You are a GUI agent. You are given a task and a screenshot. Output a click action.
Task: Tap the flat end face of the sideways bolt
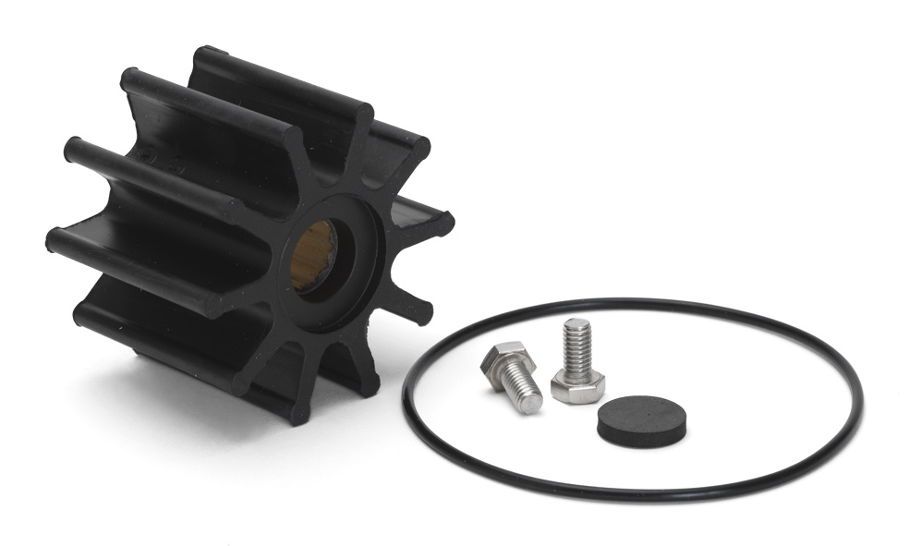click(x=530, y=404)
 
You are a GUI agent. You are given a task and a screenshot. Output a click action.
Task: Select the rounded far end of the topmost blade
click(x=202, y=55)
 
